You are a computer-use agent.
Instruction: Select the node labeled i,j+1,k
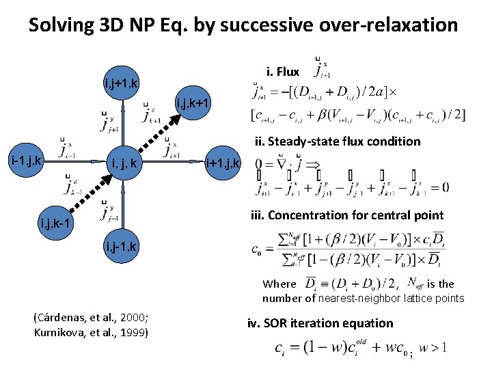pos(121,84)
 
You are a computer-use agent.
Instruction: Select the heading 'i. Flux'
pos(282,71)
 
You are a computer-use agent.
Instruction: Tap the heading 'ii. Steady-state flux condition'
pos(338,141)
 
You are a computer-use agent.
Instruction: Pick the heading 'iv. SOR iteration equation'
pos(320,323)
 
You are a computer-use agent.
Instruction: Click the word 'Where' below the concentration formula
pos(279,284)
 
